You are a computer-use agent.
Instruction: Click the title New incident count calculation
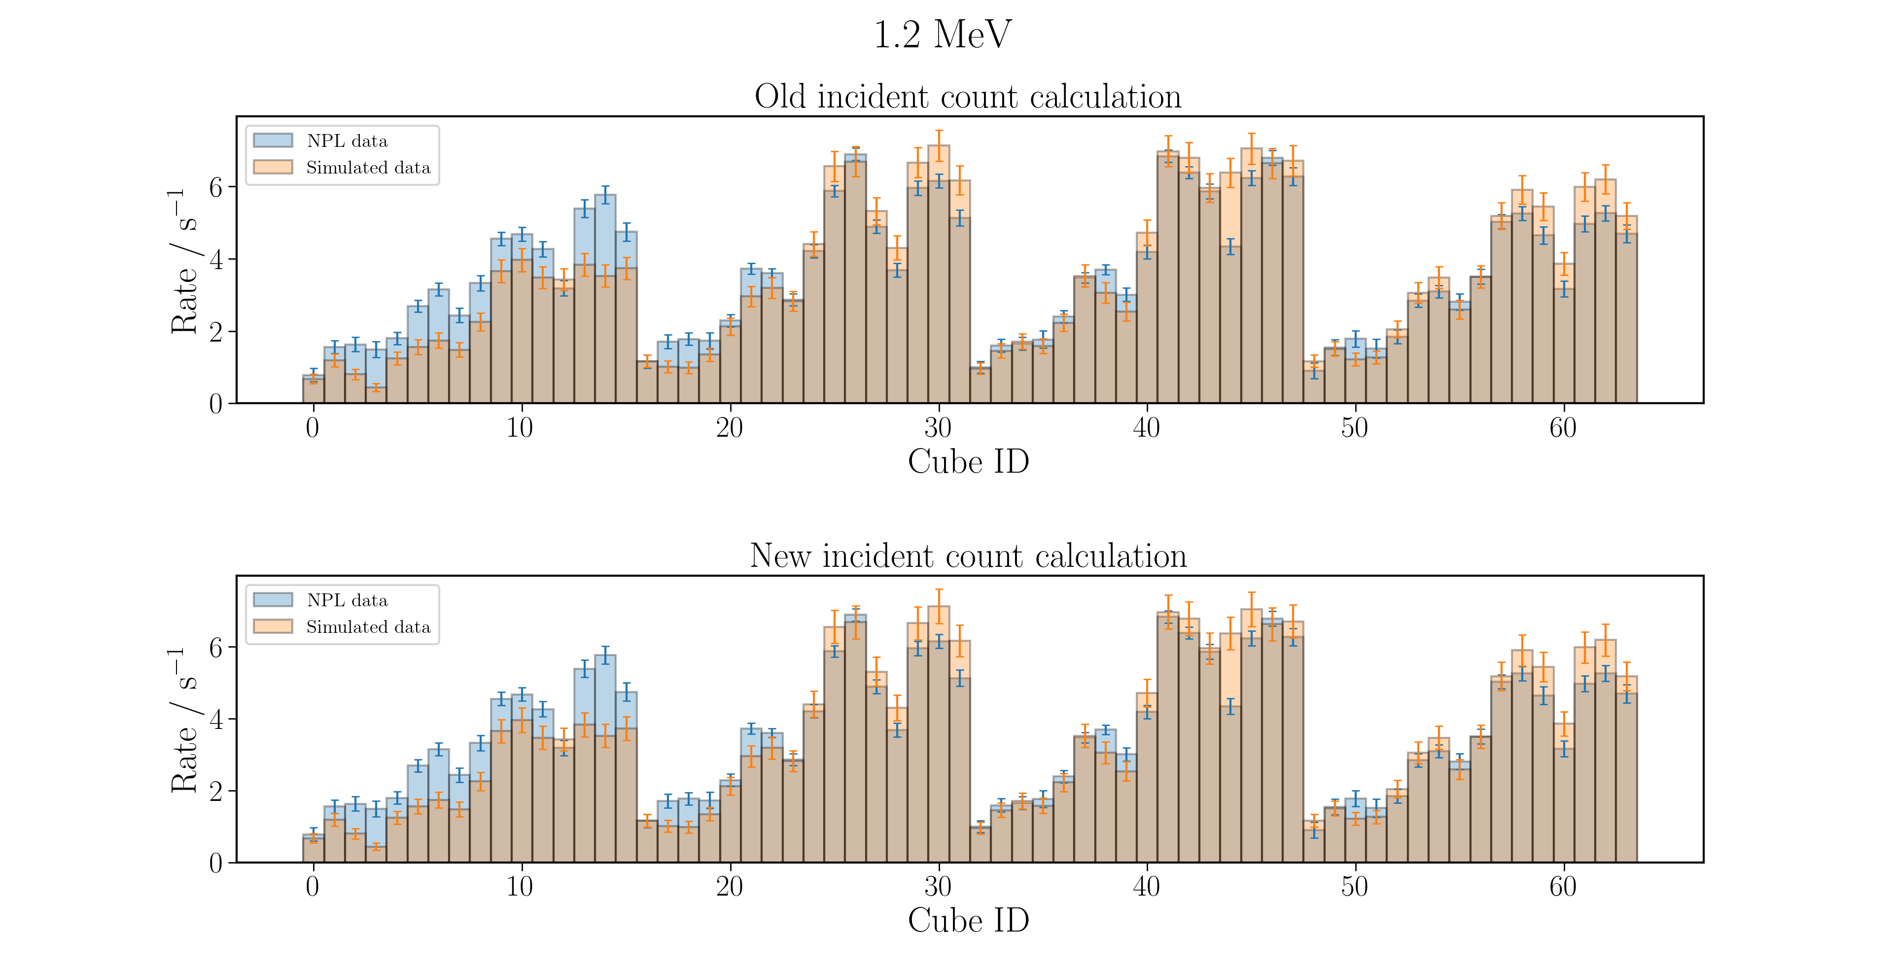[968, 555]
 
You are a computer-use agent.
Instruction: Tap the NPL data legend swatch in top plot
[273, 140]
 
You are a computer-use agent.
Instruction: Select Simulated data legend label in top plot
[368, 168]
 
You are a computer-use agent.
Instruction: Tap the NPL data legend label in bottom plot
[347, 600]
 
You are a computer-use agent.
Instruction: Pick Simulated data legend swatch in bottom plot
[273, 626]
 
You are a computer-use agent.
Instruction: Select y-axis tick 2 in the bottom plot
[215, 791]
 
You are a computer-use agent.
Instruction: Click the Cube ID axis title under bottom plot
[968, 921]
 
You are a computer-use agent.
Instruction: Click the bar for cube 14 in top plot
[605, 299]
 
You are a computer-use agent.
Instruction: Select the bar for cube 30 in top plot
[939, 274]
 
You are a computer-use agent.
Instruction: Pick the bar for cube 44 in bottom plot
[1230, 748]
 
